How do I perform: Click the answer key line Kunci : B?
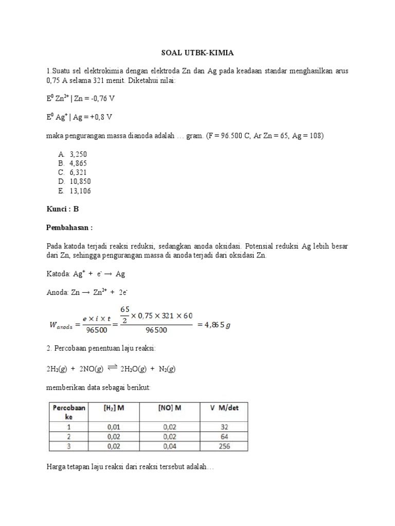coord(62,209)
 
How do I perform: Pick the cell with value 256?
coord(224,446)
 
